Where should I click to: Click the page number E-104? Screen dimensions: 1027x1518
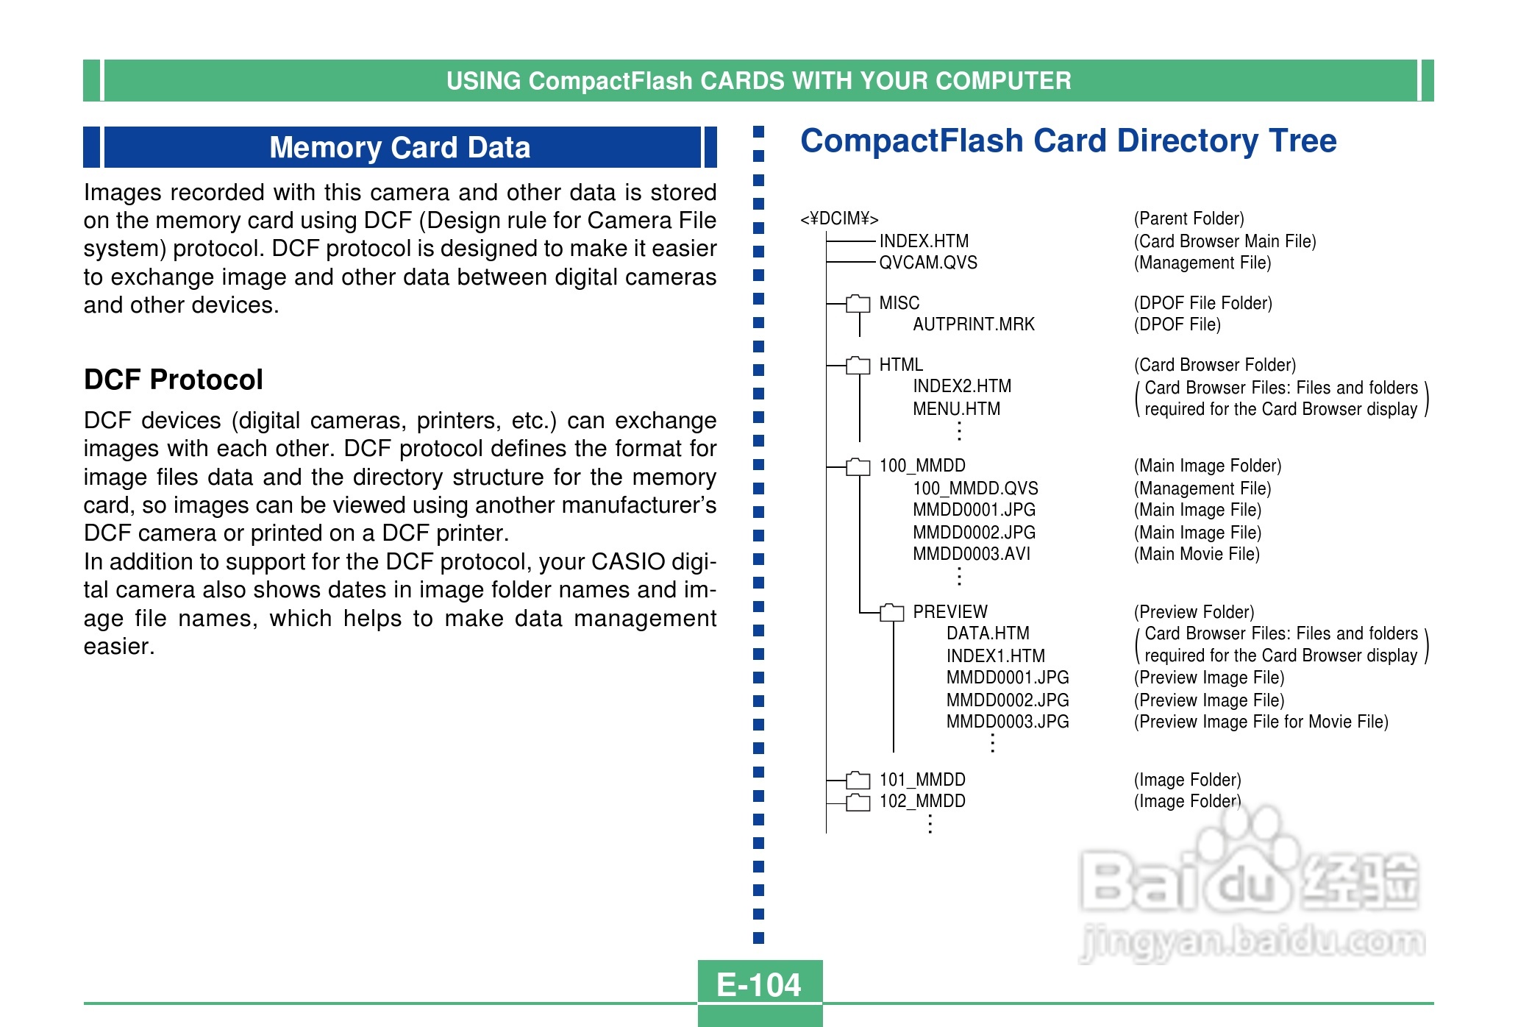(759, 984)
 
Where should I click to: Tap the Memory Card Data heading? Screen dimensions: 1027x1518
(399, 147)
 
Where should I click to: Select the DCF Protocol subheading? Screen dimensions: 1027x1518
(173, 380)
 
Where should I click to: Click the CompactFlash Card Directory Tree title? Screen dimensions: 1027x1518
(1068, 141)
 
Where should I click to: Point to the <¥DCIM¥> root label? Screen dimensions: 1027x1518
(839, 218)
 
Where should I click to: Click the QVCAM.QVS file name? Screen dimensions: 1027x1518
(928, 263)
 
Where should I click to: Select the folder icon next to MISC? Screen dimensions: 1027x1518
(858, 303)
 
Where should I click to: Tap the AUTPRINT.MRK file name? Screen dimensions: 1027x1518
(973, 324)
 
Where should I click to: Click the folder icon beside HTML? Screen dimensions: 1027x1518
(858, 365)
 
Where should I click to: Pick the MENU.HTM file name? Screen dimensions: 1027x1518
(956, 409)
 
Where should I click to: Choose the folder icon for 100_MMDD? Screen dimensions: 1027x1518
(858, 466)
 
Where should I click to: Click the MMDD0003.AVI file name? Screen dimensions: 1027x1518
(971, 554)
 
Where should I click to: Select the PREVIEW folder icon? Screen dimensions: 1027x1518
(891, 612)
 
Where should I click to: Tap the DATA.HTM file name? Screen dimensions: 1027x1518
(987, 633)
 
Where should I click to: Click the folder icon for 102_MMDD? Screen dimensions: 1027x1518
(858, 802)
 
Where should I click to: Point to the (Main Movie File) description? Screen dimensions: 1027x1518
(1197, 554)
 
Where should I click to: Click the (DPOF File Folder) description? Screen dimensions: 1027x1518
(1202, 303)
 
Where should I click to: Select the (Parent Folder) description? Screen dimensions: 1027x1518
(1189, 218)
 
